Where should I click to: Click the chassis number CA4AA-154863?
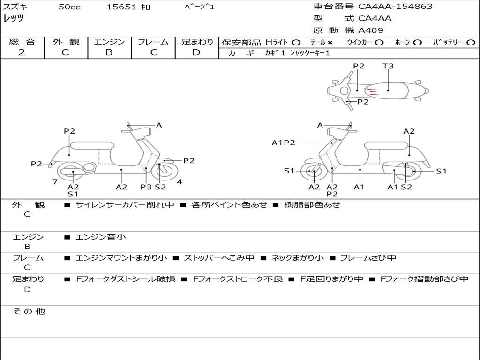(395, 7)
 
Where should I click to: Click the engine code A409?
(371, 30)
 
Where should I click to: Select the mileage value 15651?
(121, 7)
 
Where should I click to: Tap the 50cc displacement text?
(69, 7)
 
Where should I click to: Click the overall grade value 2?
(22, 52)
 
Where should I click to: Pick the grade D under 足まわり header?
(196, 52)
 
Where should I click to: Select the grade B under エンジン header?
(109, 52)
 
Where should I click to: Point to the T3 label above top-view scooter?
(388, 66)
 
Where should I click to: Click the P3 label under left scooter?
(146, 187)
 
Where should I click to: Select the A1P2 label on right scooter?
(283, 142)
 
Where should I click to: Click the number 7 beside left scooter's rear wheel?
(55, 181)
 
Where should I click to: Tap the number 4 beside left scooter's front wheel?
(180, 181)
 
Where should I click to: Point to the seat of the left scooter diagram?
(92, 145)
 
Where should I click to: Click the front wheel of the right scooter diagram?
(313, 172)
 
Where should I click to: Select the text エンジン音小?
(101, 237)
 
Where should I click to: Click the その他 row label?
(29, 311)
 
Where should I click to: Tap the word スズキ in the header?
(15, 7)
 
